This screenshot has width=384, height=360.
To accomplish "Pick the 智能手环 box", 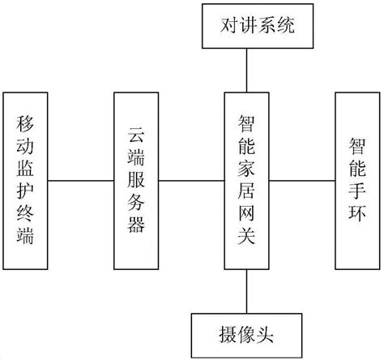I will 356,180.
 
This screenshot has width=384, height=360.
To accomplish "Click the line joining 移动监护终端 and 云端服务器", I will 81,180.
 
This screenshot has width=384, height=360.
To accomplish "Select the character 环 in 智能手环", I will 356,219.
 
